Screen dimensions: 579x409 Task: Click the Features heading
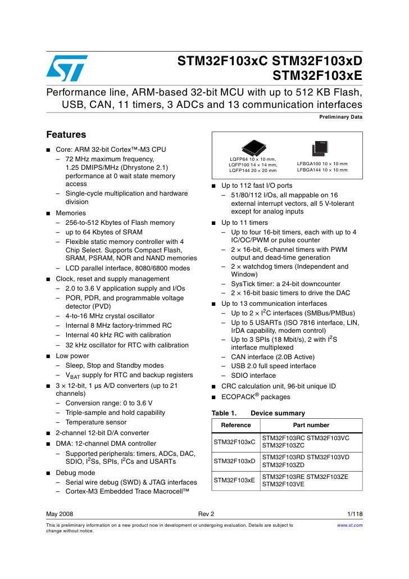(66, 135)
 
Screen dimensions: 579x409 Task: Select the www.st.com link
(349, 525)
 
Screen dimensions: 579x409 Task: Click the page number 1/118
(355, 514)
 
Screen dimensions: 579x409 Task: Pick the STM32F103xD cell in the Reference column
(234, 461)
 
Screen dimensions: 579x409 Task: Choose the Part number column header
(311, 425)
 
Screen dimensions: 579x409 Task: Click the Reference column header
(236, 425)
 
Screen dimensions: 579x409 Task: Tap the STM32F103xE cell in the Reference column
(234, 480)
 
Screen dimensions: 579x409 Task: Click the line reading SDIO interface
(253, 376)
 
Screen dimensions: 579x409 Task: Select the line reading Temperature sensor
(96, 422)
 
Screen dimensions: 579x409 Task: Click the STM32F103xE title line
(317, 75)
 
